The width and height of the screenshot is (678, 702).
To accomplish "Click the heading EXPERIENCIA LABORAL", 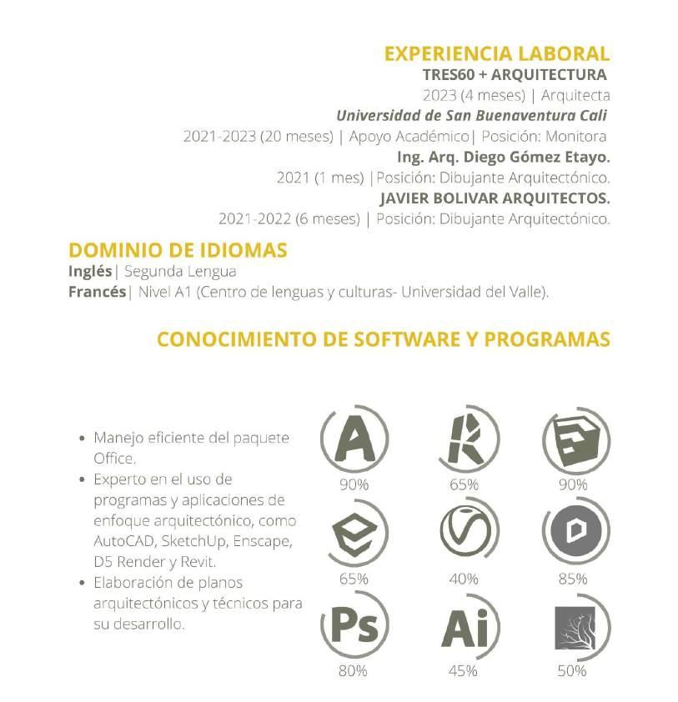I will tap(496, 54).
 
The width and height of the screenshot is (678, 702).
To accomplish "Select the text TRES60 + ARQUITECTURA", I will tap(515, 75).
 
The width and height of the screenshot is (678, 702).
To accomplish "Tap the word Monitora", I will tap(578, 136).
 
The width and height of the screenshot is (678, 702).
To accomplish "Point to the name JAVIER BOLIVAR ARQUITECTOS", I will tap(495, 198).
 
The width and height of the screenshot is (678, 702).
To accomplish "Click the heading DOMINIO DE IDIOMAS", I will tap(178, 250).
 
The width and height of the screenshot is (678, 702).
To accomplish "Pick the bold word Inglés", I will tap(89, 271).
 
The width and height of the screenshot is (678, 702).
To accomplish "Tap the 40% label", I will tap(464, 578).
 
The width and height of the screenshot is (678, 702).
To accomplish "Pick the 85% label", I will tap(572, 578).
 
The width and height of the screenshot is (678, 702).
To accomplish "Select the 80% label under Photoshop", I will tap(354, 671).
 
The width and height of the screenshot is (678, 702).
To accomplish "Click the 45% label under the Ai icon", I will tap(464, 671).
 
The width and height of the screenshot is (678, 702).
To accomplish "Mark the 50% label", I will tap(572, 671).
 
